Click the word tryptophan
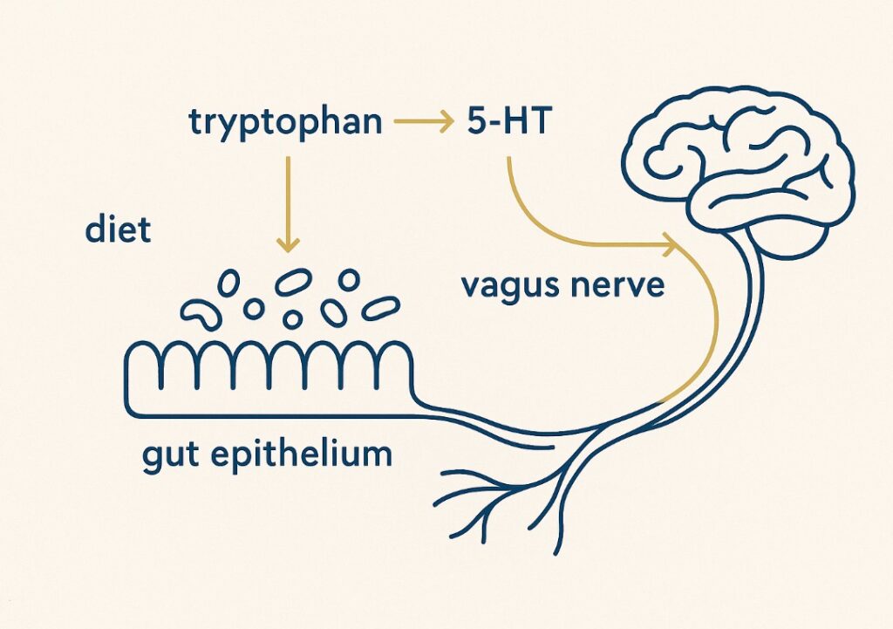285,123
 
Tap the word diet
118,230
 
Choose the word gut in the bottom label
174,455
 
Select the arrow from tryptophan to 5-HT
422,123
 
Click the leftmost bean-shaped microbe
197,313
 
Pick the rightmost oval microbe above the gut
379,307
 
